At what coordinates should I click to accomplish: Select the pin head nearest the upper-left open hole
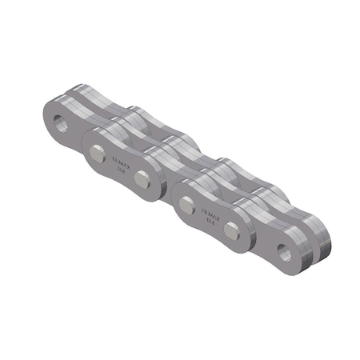(97, 154)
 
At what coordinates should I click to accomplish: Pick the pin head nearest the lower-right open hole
(232, 232)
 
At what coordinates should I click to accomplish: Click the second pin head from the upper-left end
(142, 179)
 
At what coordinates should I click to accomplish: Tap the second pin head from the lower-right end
(186, 206)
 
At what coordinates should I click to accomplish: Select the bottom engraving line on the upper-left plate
(120, 170)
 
